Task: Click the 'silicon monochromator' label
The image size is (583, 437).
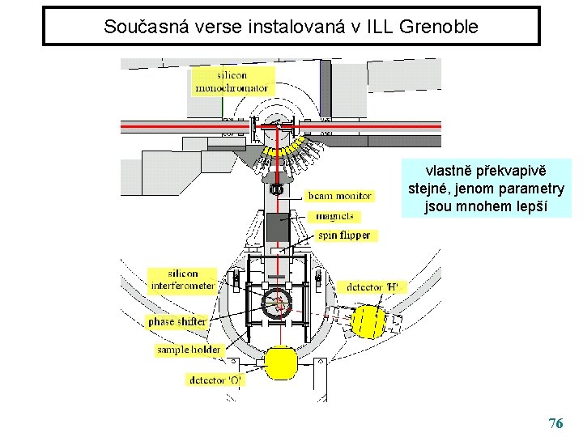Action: click(232, 81)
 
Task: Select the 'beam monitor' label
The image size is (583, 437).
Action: click(339, 196)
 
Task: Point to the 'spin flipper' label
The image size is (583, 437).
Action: click(343, 235)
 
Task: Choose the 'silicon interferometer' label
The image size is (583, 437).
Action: click(182, 279)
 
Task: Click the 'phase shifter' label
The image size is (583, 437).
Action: click(177, 321)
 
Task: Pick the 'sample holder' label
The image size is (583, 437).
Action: click(189, 350)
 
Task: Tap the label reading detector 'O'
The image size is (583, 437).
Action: click(215, 379)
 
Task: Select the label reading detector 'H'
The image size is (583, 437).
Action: click(372, 286)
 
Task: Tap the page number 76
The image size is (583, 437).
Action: click(555, 423)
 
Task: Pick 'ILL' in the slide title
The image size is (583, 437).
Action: click(380, 26)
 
